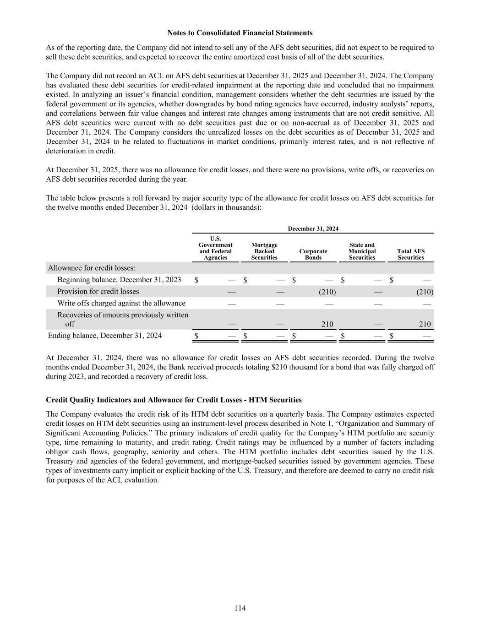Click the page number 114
point(240,608)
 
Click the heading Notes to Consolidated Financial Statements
point(240,33)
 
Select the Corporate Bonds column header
point(313,254)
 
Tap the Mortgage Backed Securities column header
point(264,251)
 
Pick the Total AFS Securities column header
point(410,254)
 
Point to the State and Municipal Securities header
point(362,251)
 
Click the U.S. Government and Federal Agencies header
point(215,248)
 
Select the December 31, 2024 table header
point(313,228)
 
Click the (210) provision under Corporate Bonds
point(327,292)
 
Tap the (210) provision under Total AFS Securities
point(425,292)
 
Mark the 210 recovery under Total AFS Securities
point(425,324)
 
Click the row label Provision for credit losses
point(98,292)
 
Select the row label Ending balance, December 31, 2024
point(105,336)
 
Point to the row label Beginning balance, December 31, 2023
point(119,280)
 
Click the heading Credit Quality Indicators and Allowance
point(174,400)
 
